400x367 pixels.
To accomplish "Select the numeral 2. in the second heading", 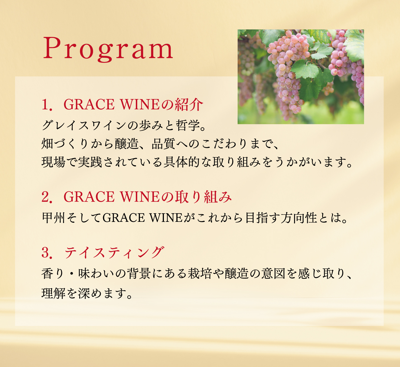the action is click(x=47, y=197).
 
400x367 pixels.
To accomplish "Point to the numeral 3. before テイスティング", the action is click(x=47, y=253).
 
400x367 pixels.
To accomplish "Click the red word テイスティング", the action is click(x=114, y=253).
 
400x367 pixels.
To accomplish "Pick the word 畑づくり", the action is click(x=65, y=144).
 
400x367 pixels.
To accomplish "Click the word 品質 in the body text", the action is click(x=164, y=144).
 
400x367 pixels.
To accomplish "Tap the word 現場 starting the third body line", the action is click(x=53, y=162).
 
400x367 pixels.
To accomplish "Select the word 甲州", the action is click(x=53, y=218).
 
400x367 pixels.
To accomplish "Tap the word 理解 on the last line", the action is click(x=53, y=293).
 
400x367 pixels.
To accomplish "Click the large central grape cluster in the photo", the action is click(x=287, y=74).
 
